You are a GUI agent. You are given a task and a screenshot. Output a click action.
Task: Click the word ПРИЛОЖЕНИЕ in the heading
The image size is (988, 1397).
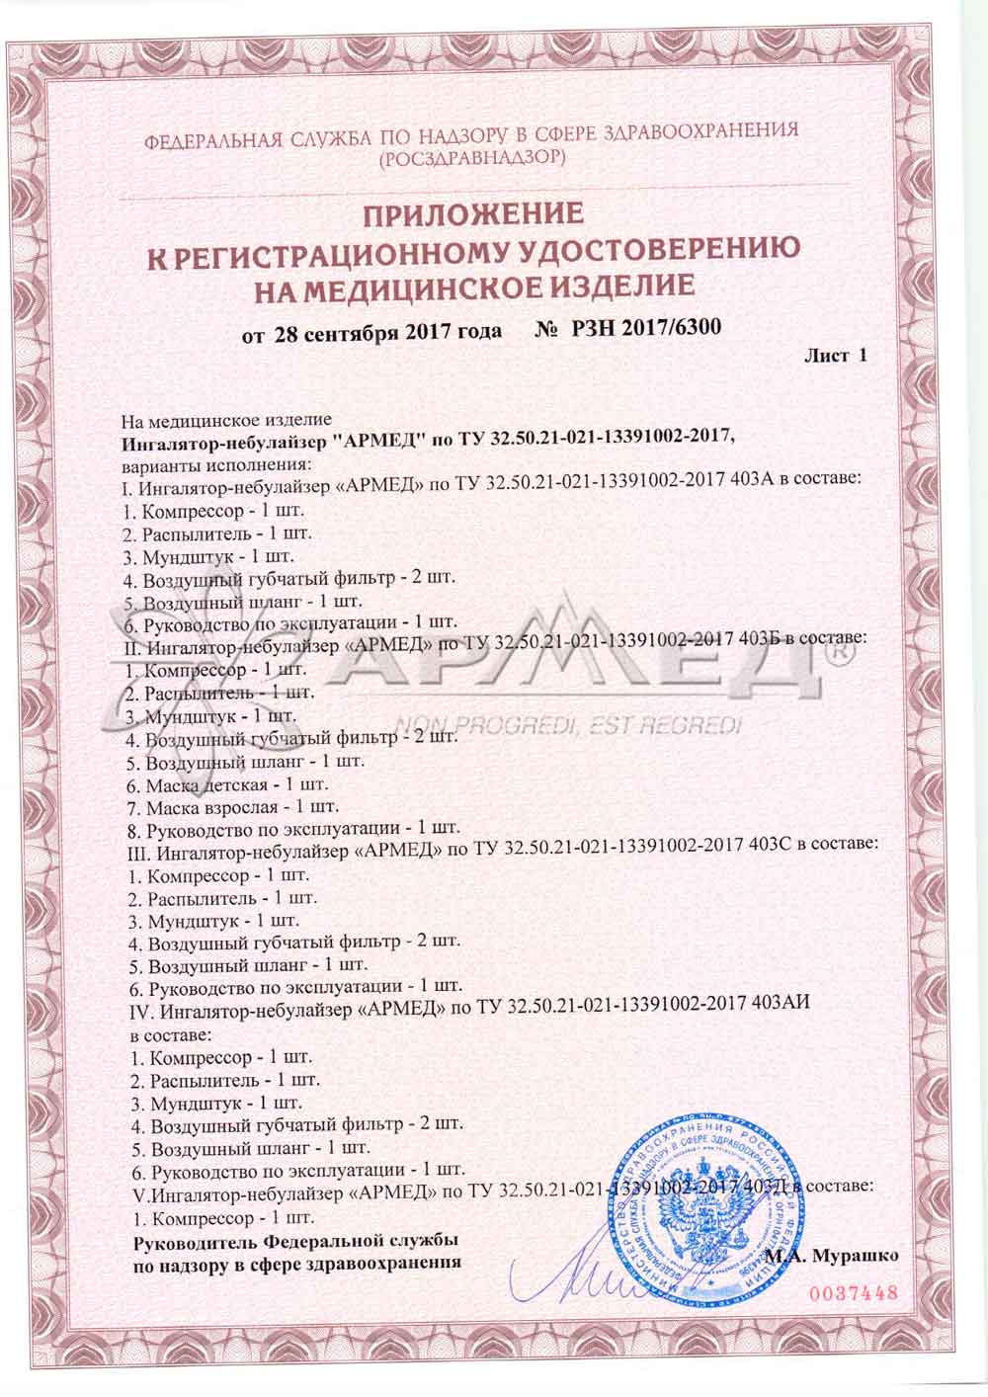tap(472, 213)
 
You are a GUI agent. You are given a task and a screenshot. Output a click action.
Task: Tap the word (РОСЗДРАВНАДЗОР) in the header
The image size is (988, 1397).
tap(472, 156)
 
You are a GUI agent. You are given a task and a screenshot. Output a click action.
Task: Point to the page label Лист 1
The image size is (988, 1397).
tap(836, 356)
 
